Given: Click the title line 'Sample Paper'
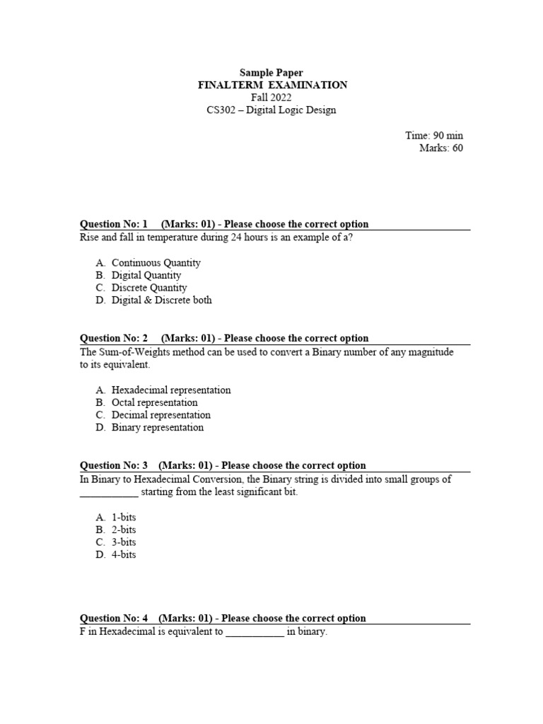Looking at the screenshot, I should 271,72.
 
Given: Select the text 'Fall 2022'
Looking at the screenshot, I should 271,98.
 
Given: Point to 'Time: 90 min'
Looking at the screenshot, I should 434,136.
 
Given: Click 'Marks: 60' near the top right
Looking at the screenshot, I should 441,148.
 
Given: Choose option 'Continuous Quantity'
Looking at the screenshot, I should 156,263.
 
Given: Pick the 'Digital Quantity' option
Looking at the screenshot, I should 146,276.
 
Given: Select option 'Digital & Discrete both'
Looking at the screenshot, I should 161,300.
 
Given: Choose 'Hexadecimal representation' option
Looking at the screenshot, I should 171,390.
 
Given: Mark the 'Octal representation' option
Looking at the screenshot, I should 155,403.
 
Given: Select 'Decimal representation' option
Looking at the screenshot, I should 161,415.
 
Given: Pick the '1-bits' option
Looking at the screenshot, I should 124,518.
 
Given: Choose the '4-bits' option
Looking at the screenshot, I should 124,555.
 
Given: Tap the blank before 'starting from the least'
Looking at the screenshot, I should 110,494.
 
